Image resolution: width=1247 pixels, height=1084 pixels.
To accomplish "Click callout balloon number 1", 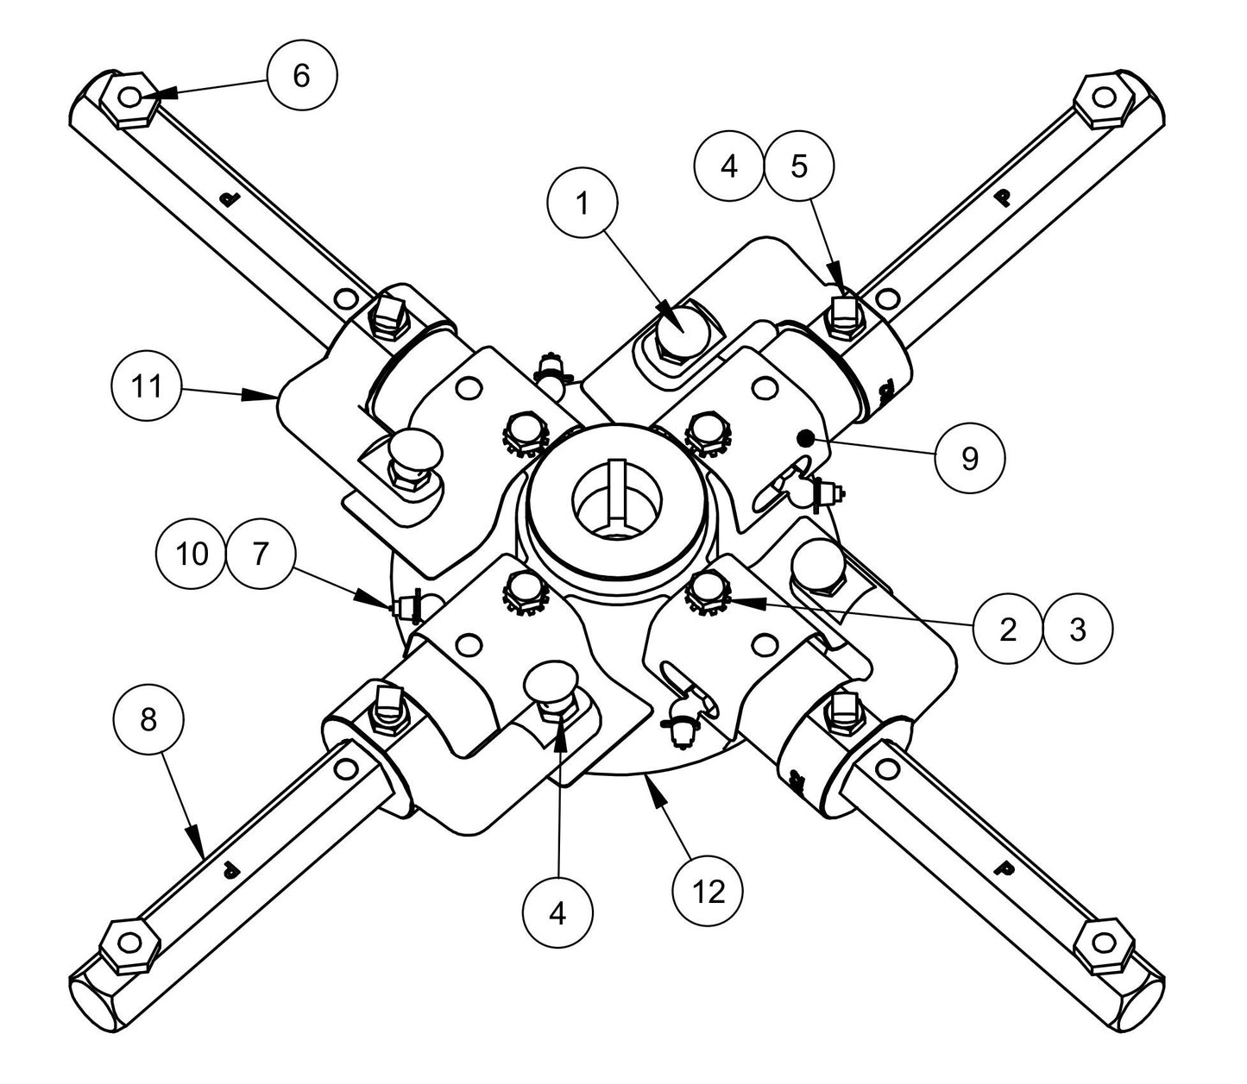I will pos(583,204).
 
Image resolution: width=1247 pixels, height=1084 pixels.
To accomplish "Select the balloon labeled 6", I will pos(301,76).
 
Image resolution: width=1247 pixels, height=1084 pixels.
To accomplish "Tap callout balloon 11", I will pos(148,387).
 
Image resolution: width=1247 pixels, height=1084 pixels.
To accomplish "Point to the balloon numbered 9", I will pos(969,459).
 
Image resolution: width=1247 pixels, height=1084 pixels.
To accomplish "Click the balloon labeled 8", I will pos(148,720).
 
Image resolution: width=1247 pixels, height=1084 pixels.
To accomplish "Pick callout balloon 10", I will pos(192,553).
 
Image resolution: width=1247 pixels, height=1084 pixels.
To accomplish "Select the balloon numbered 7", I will pos(261,553).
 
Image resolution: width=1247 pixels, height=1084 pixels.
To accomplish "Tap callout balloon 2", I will pos(1008,630).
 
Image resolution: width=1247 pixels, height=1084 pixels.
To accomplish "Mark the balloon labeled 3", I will pos(1077,630).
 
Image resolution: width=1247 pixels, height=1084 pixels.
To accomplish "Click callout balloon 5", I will pos(799,166).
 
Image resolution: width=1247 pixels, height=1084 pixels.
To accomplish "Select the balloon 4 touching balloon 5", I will pos(730,166).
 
